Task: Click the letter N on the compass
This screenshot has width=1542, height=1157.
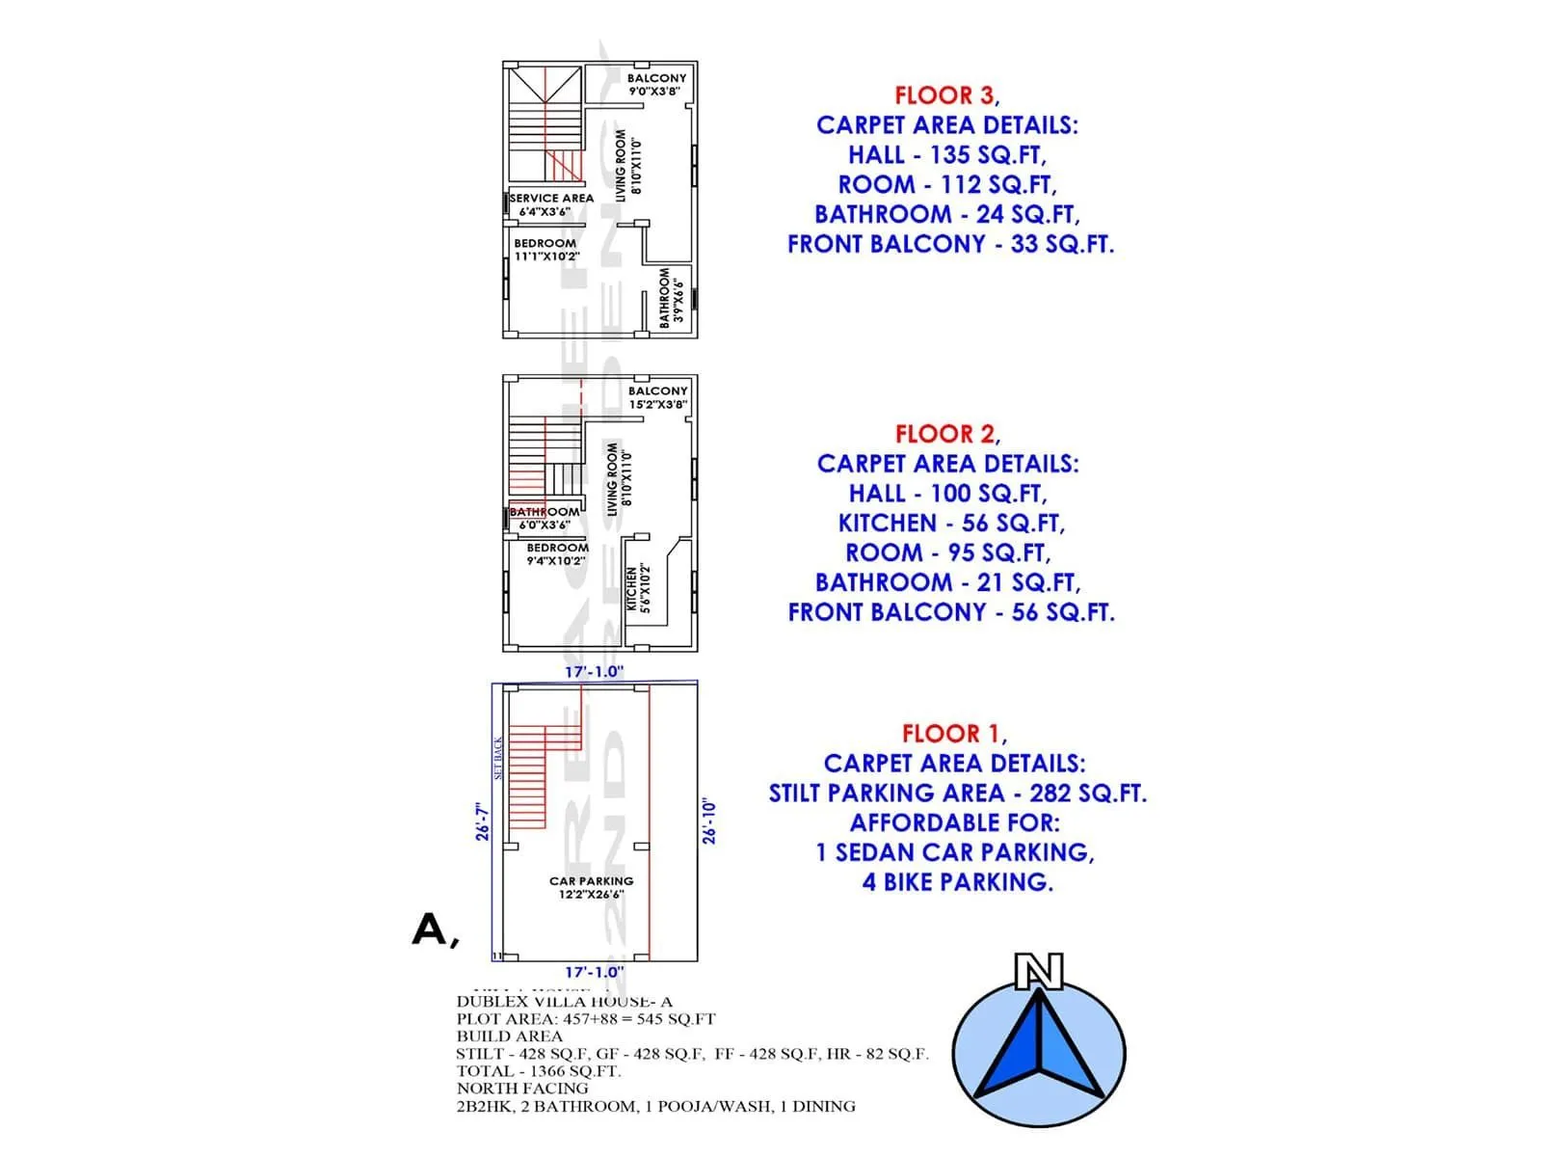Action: [1039, 972]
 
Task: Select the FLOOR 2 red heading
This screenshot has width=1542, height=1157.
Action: [944, 434]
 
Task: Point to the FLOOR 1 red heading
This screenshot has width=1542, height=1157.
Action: [951, 734]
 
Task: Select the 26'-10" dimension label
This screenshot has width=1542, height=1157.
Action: [709, 821]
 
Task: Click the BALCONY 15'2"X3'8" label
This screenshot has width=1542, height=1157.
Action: [658, 397]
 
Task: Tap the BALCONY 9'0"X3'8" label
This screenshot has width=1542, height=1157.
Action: [656, 85]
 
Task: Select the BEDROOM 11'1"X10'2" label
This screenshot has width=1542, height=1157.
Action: [546, 250]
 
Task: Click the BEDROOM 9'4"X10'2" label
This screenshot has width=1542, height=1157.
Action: [557, 553]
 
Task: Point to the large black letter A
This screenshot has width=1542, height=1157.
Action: [431, 929]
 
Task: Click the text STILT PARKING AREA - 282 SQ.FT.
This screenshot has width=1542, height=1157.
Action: [957, 794]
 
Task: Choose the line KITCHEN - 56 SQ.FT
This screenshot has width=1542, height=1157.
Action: [951, 524]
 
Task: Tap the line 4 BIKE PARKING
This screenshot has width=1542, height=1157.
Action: [957, 882]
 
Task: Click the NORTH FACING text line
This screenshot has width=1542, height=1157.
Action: [521, 1089]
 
